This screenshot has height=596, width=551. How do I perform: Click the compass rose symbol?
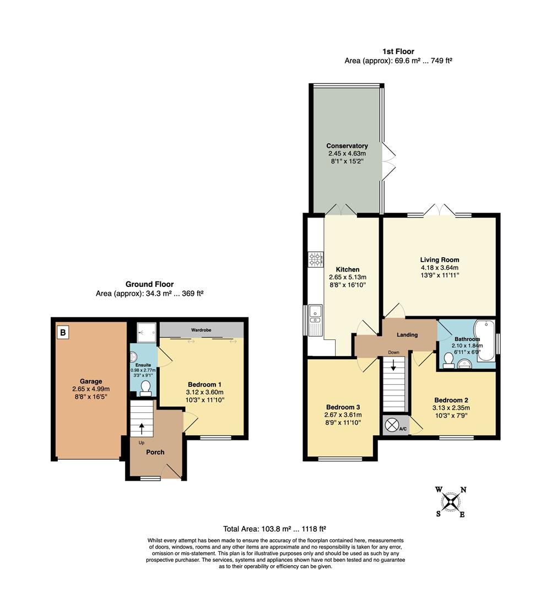click(451, 502)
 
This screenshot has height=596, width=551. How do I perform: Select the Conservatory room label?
click(347, 146)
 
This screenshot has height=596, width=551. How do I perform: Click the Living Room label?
click(439, 259)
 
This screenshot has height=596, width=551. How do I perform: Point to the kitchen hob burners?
click(316, 259)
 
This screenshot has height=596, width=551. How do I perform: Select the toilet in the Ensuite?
click(146, 388)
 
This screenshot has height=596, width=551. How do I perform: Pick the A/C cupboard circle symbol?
click(392, 425)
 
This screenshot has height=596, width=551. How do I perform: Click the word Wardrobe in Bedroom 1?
click(202, 330)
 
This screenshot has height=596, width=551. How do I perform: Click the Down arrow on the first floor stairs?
click(393, 365)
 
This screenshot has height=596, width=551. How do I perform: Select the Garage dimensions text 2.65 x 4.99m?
click(91, 389)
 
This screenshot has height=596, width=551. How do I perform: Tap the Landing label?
click(407, 334)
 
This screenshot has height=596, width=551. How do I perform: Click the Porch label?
click(155, 452)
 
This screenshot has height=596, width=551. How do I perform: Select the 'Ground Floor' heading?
click(149, 284)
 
